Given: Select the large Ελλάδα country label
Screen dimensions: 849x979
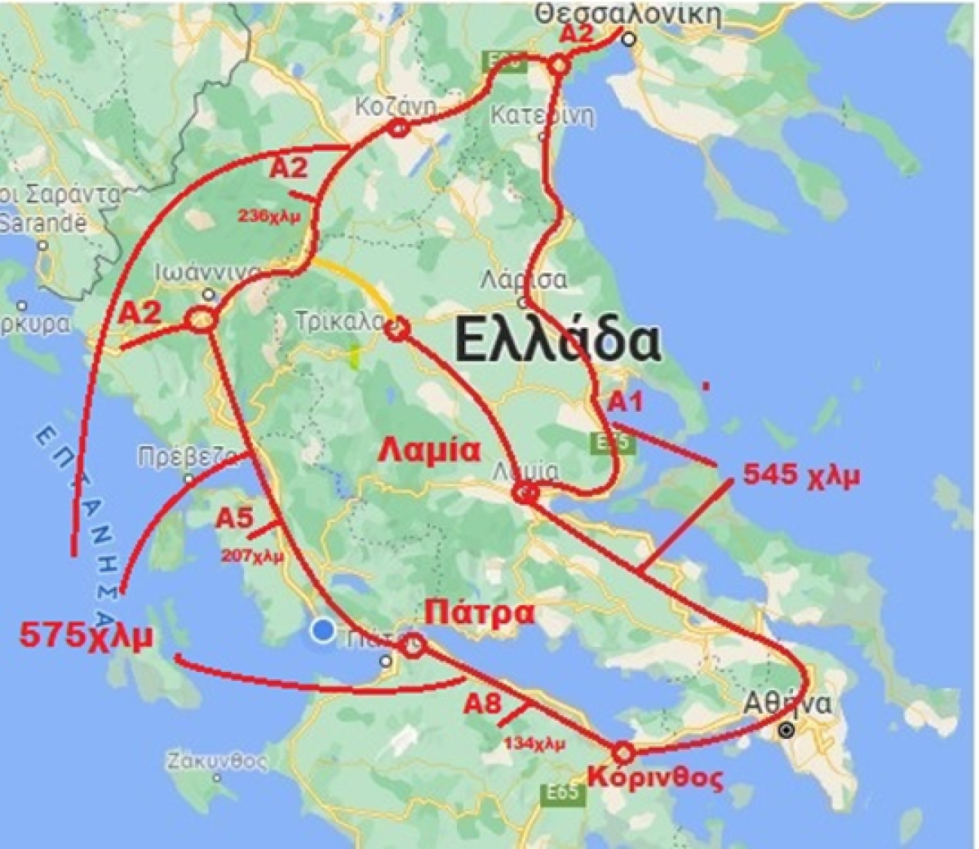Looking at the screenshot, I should (x=557, y=341).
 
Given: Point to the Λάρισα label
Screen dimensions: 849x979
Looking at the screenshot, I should (x=523, y=280).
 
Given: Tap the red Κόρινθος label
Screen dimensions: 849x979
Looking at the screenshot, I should (x=655, y=778).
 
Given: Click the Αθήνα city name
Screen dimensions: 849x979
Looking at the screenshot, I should (x=790, y=704).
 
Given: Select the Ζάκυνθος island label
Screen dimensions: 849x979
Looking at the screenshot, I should (x=218, y=762).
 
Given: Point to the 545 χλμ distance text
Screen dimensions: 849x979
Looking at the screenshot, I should (x=801, y=475).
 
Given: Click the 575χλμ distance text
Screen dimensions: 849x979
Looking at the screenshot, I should (x=86, y=636).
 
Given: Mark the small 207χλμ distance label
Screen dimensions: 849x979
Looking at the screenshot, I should (x=253, y=557).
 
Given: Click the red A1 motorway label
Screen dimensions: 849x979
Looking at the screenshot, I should (x=627, y=401).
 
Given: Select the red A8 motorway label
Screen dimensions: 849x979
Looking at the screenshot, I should (x=482, y=704).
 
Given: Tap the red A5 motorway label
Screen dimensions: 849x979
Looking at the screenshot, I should (x=235, y=518).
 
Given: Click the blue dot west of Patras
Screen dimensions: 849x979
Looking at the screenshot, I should (x=324, y=630).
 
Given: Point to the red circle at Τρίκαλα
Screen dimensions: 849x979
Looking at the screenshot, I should (x=396, y=329).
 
